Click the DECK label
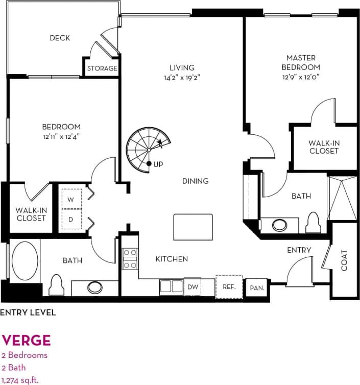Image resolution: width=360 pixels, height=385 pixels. (x=60, y=38)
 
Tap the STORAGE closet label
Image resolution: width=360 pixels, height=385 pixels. (x=102, y=68)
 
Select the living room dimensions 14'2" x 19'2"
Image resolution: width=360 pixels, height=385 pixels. (x=182, y=78)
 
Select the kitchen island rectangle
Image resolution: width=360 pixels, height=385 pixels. (x=193, y=227)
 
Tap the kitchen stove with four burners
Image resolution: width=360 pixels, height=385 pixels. (x=130, y=259)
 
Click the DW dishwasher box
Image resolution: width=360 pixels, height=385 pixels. (x=193, y=287)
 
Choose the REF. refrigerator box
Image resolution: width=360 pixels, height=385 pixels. (x=229, y=286)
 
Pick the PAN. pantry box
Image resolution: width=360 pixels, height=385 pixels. (x=257, y=288)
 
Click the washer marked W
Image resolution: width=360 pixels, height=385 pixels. (x=71, y=200)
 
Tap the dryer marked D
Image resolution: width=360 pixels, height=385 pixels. (x=71, y=220)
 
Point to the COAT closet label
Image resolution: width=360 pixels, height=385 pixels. (x=344, y=259)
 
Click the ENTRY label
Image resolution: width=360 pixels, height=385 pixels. (x=299, y=250)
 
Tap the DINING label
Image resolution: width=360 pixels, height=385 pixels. (x=195, y=181)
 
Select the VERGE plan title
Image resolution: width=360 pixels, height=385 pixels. (x=26, y=340)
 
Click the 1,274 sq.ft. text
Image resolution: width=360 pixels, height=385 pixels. (x=20, y=379)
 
